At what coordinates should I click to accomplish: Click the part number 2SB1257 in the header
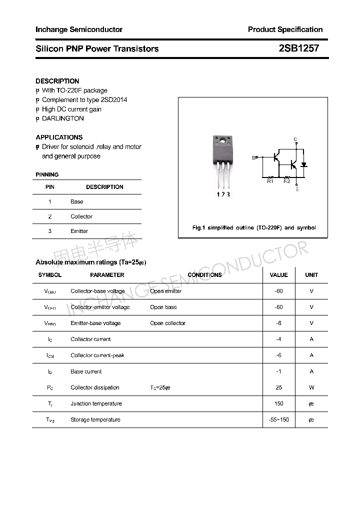click(x=298, y=48)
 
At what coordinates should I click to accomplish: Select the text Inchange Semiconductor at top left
click(x=79, y=29)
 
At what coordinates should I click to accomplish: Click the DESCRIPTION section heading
click(x=57, y=81)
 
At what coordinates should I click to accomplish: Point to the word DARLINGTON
click(x=63, y=118)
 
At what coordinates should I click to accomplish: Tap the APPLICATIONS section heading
click(x=59, y=137)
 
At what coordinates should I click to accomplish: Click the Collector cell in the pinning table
click(x=81, y=216)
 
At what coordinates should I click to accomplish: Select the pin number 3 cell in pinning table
click(x=50, y=231)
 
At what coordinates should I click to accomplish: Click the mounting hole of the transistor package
click(x=221, y=139)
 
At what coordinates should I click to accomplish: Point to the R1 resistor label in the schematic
click(x=270, y=181)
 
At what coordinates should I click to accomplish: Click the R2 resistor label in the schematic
click(x=286, y=181)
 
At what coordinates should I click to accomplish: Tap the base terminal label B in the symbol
click(x=253, y=157)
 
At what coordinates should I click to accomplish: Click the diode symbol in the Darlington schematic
click(x=303, y=164)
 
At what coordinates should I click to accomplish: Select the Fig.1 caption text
click(x=254, y=227)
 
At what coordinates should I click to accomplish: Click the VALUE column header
click(x=278, y=275)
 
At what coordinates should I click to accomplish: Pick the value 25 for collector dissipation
click(x=278, y=387)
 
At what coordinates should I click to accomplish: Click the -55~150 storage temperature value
click(x=278, y=419)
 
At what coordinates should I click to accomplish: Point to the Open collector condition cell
click(x=167, y=323)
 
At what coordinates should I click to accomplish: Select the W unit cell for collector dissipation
click(x=311, y=387)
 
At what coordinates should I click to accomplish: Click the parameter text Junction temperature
click(x=96, y=403)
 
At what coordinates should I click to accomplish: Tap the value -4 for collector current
click(x=278, y=339)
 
